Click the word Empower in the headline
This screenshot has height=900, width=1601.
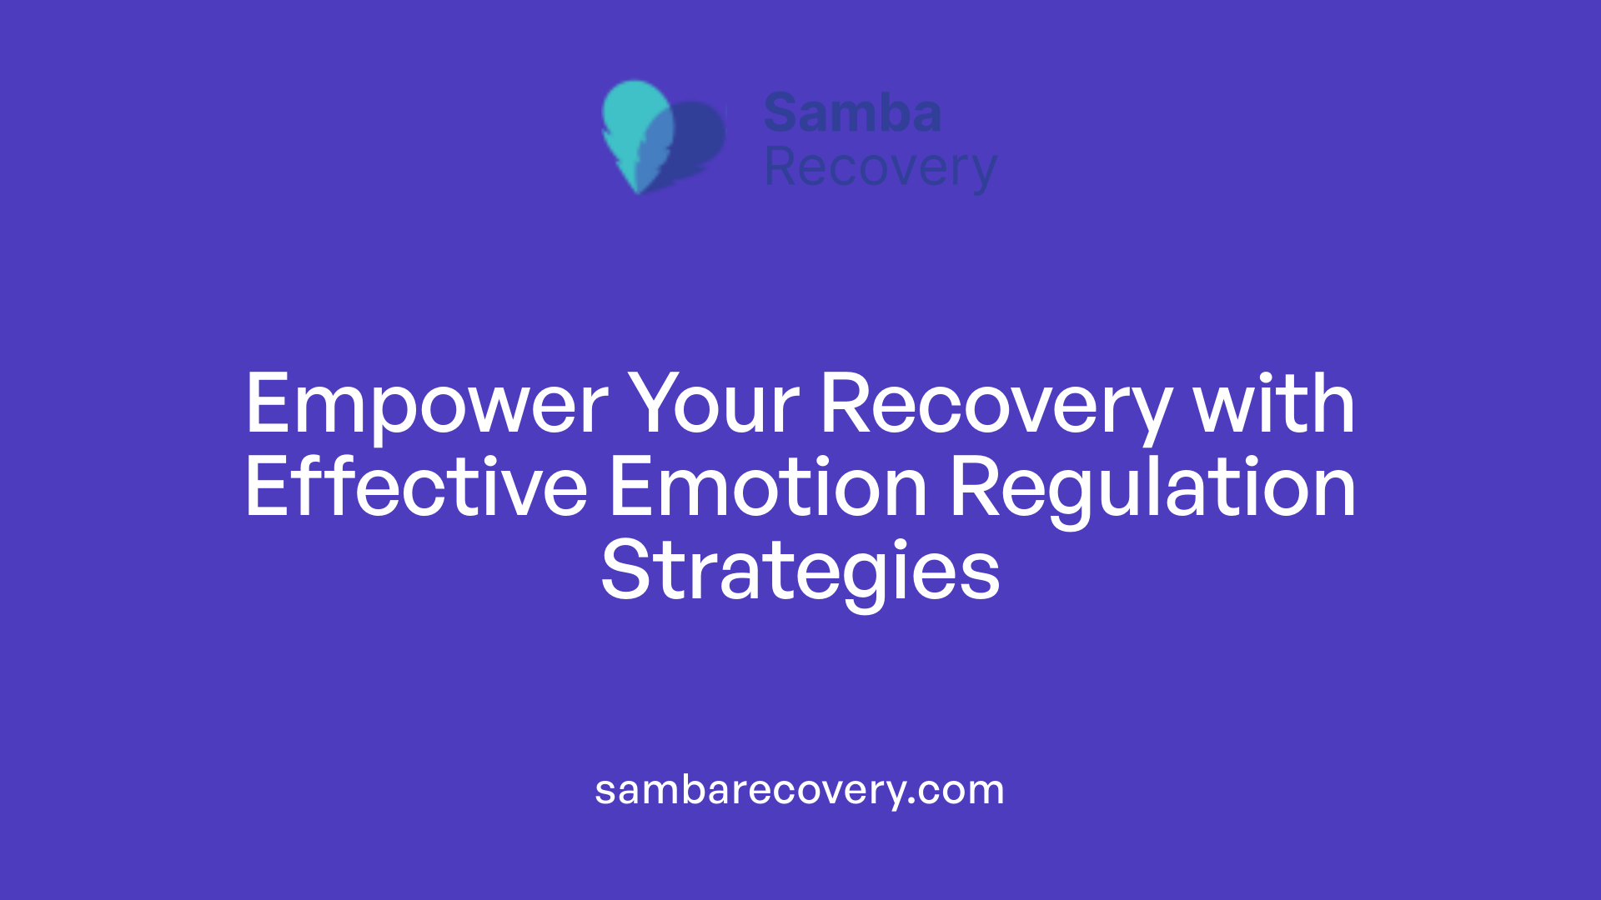tap(426, 405)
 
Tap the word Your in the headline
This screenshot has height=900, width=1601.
tap(713, 405)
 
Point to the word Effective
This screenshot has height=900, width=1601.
tap(415, 488)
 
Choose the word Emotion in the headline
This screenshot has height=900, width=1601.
tap(767, 488)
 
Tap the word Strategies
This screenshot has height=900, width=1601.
tap(800, 572)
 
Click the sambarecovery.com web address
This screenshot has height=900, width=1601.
tap(800, 790)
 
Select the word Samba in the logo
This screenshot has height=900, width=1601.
tap(852, 113)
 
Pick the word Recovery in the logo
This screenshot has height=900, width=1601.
tap(880, 168)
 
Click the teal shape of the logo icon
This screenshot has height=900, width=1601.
tap(634, 117)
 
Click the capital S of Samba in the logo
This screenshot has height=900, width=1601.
tap(782, 113)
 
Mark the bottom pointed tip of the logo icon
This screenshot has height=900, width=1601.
tap(638, 192)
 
